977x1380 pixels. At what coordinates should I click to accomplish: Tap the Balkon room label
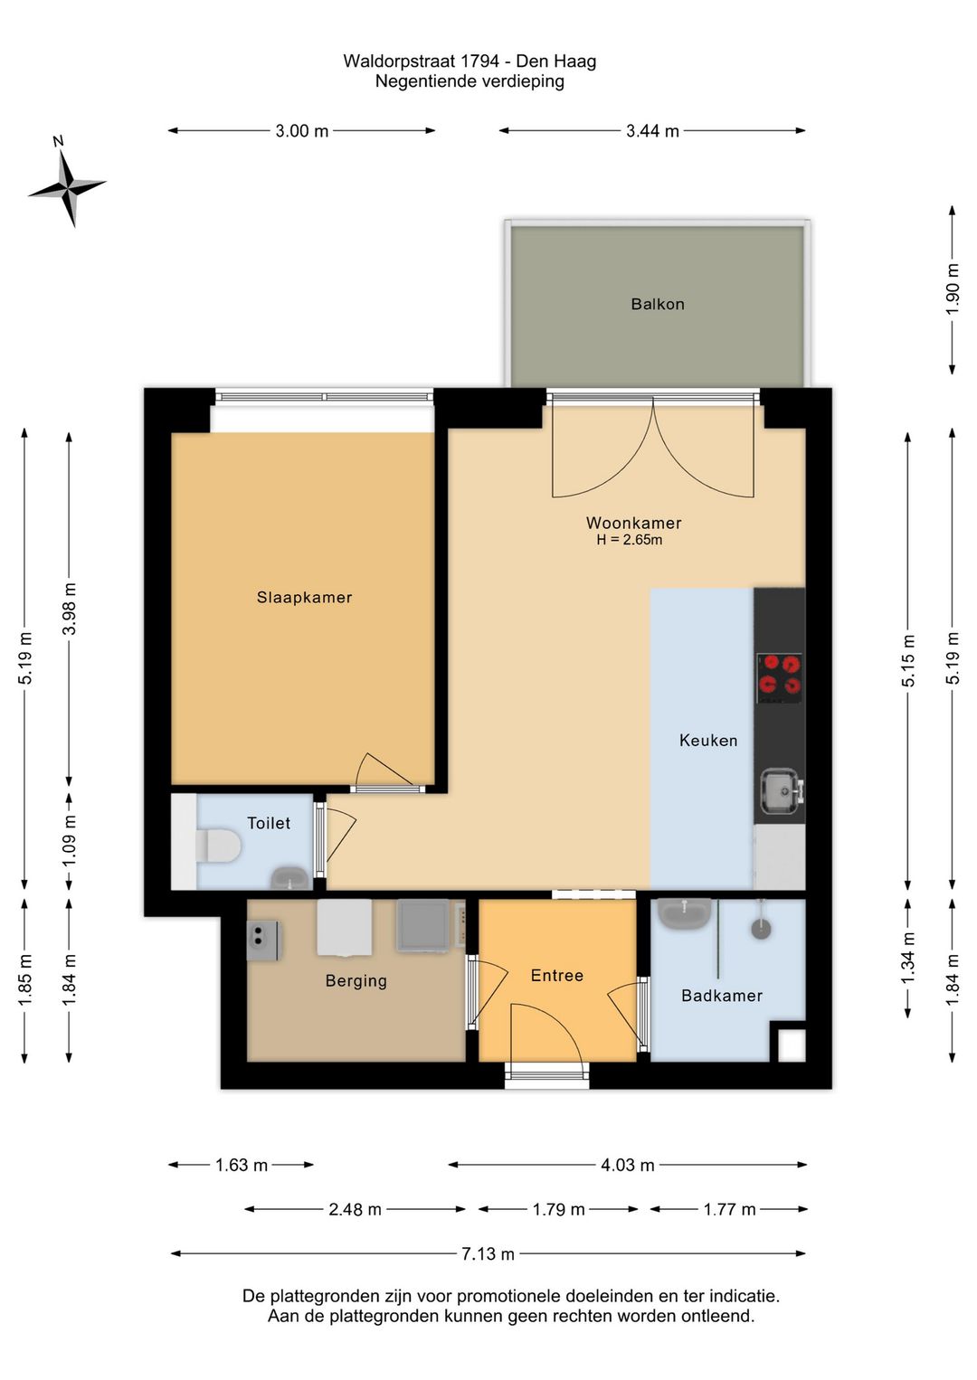[657, 304]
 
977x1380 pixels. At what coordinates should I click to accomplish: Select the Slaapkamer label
[304, 597]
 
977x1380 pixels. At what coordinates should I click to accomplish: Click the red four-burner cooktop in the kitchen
[779, 677]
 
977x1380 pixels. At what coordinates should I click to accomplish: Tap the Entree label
[556, 975]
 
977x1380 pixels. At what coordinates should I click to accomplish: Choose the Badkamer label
[721, 996]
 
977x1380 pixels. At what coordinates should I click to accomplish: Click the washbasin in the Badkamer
[685, 914]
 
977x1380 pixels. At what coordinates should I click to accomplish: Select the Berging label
[356, 981]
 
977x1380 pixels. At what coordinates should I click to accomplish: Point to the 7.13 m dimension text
[488, 1253]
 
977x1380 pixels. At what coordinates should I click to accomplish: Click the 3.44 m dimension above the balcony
[652, 130]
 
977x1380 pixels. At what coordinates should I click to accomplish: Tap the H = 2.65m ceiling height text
[629, 540]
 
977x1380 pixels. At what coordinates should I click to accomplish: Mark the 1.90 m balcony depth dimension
[953, 289]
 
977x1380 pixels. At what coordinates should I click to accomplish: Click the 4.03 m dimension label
[627, 1165]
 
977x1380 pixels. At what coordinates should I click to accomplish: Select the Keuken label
[707, 740]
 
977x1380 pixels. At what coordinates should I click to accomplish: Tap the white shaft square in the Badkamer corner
[792, 1045]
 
